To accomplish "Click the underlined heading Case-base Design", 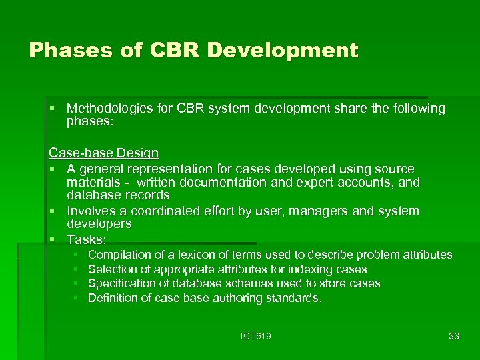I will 103,154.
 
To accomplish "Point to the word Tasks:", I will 86,239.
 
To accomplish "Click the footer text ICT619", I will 256,336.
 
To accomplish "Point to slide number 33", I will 453,336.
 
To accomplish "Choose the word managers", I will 299,211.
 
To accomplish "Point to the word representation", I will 162,169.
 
